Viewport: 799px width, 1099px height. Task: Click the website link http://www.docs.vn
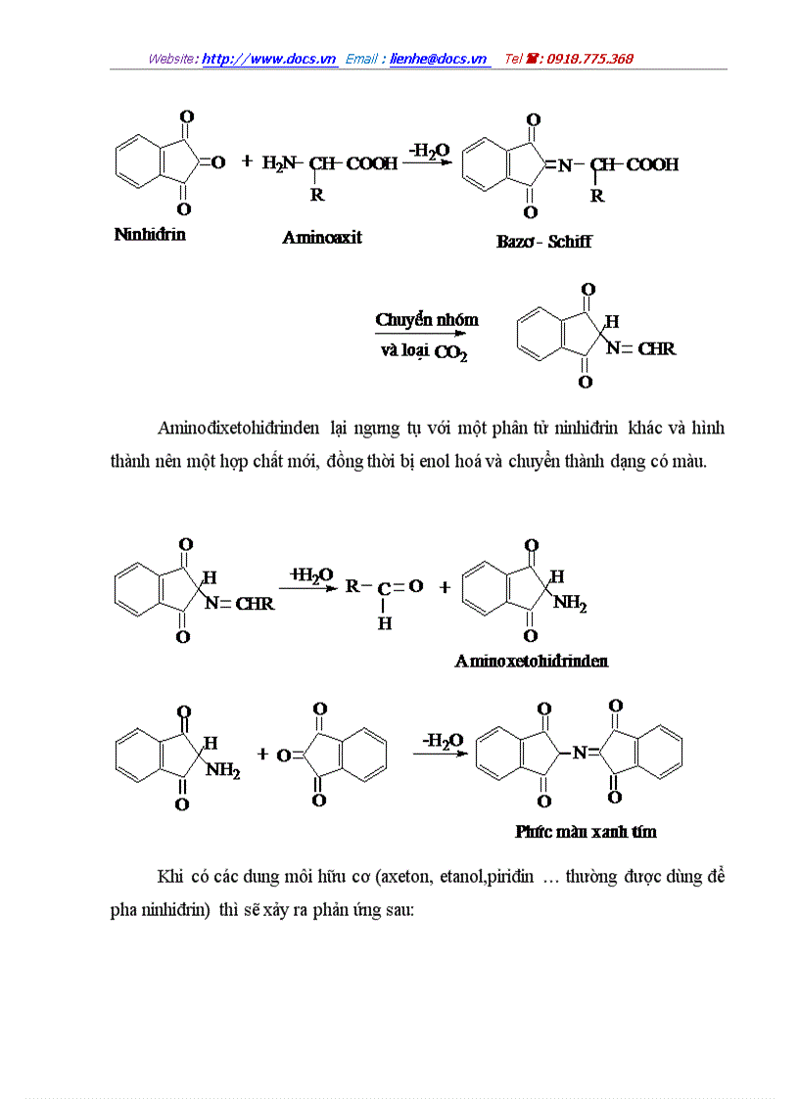click(269, 59)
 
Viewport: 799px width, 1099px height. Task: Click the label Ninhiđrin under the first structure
click(150, 235)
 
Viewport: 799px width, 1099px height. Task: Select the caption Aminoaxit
click(322, 237)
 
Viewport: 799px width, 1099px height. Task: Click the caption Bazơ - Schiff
click(543, 242)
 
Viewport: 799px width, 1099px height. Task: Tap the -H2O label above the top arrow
click(429, 150)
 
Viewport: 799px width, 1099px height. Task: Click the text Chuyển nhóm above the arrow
click(427, 320)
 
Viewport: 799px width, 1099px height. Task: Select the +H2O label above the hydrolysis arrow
click(310, 574)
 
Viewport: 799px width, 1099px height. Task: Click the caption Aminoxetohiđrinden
click(531, 661)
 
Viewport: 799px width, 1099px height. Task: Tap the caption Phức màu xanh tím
click(586, 832)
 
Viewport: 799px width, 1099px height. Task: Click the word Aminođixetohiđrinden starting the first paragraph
click(238, 428)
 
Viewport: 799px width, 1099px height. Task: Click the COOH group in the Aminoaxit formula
click(371, 163)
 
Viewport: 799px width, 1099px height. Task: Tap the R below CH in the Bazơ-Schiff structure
click(597, 196)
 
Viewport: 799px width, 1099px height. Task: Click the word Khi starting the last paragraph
click(167, 876)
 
